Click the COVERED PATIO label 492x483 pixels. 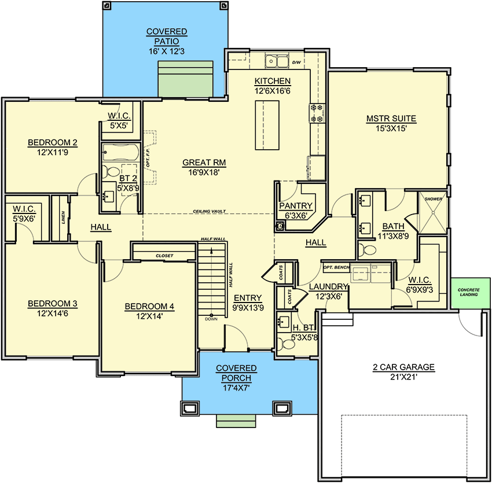(x=167, y=36)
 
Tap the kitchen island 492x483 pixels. (x=267, y=125)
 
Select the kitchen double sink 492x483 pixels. (x=277, y=61)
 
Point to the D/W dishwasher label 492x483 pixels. (x=296, y=62)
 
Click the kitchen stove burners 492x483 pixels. (x=317, y=113)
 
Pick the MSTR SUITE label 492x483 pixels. (x=391, y=119)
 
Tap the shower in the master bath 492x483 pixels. (x=434, y=212)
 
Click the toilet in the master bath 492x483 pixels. (x=367, y=250)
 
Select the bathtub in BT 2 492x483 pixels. (x=120, y=152)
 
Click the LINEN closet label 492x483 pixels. (x=64, y=218)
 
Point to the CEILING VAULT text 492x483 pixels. (x=210, y=211)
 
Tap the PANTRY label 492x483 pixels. (x=296, y=206)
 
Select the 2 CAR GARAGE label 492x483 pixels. (x=403, y=367)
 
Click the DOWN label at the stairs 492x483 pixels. (x=211, y=319)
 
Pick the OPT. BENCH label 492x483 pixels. (x=336, y=268)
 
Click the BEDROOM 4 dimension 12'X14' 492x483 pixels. (x=149, y=316)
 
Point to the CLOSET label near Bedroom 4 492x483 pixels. (x=164, y=256)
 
